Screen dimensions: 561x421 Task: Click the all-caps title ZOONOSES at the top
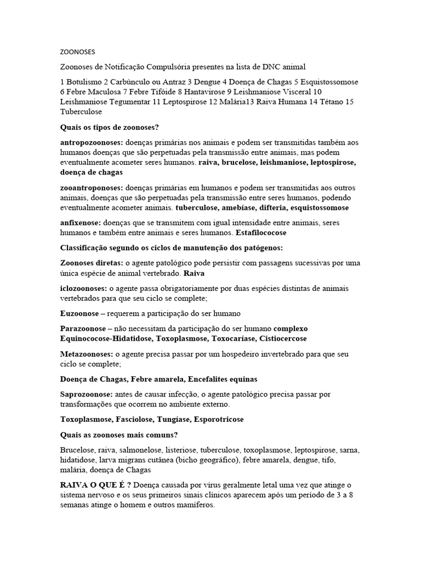[x=77, y=52]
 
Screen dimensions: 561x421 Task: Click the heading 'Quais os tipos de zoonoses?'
[x=109, y=127]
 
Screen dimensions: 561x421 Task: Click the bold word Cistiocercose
[x=281, y=339]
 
